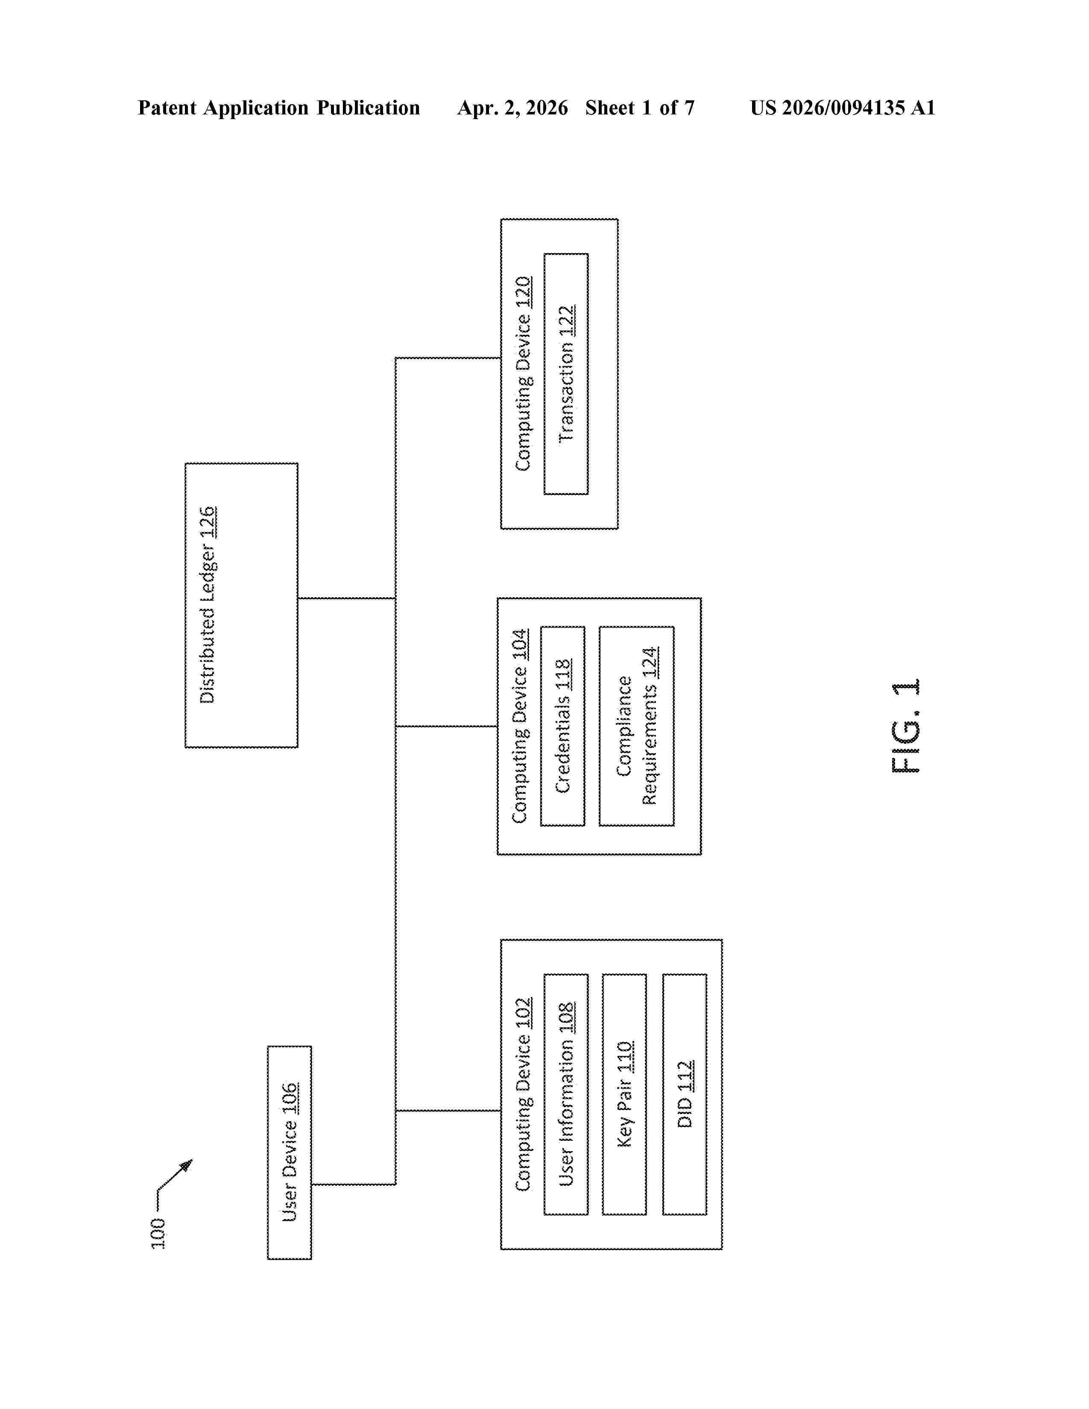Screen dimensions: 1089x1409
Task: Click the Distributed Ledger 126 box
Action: point(241,605)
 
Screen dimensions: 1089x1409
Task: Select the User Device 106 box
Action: point(290,1152)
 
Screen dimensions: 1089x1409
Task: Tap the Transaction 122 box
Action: point(566,374)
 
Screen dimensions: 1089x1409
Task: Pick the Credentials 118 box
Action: point(562,726)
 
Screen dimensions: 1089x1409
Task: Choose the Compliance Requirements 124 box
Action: point(637,726)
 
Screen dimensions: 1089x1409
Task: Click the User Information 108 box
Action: point(566,1094)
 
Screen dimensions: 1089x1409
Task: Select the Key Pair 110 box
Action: point(624,1094)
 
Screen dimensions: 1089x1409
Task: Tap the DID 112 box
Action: point(685,1094)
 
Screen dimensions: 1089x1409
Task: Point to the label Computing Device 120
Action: point(523,374)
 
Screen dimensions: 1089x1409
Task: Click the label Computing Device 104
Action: point(519,726)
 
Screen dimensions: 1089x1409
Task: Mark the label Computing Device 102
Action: point(523,1094)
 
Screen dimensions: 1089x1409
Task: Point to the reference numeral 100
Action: point(158,1234)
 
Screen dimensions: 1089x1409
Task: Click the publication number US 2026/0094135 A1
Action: point(843,108)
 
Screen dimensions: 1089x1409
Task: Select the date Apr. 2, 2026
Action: point(513,108)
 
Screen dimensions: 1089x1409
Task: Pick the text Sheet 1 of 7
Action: point(640,108)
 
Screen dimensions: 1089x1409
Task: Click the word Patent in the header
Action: point(167,108)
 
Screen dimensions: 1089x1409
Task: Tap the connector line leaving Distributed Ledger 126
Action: point(346,598)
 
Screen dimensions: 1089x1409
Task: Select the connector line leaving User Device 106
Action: point(354,1184)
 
